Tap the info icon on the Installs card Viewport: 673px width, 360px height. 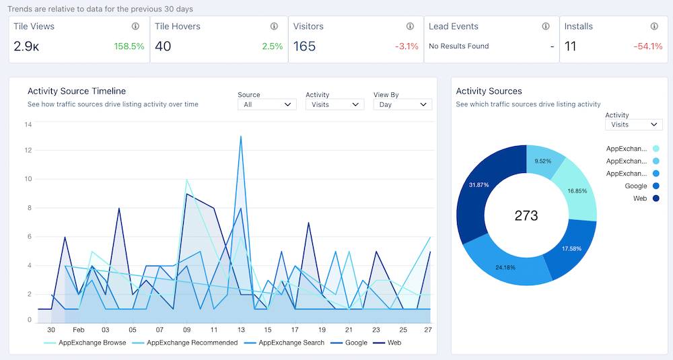(654, 26)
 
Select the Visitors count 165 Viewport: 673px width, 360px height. (304, 46)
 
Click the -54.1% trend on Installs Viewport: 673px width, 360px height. (649, 46)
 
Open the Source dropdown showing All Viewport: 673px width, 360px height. (267, 105)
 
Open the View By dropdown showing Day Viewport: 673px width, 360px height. (402, 105)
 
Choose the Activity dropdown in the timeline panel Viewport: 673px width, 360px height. (334, 105)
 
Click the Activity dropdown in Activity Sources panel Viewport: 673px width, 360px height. (633, 124)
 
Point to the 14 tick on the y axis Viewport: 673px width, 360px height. (28, 124)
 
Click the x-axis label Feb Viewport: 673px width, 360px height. (79, 330)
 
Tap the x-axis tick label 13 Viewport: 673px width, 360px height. (241, 330)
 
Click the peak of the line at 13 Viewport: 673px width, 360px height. (241, 137)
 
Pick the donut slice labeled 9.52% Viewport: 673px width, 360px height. (544, 161)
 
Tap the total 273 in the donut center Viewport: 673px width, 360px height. (526, 215)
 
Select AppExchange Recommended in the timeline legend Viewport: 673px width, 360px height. (192, 343)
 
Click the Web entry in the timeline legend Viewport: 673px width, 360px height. (394, 343)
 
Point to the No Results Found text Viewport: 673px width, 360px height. (458, 46)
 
